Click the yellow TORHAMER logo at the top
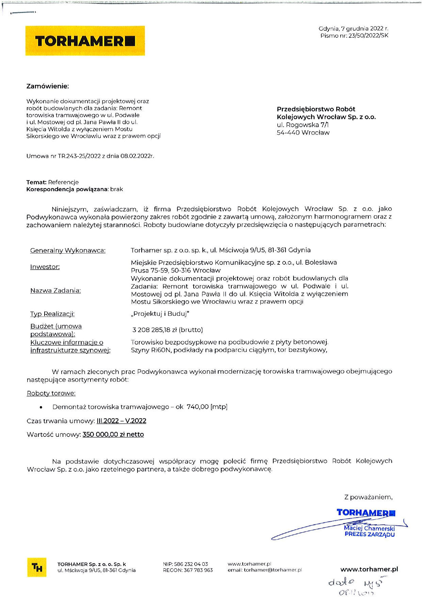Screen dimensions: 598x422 (x=85, y=41)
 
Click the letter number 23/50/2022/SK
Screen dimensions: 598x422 (x=368, y=35)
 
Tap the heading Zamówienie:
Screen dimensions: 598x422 (x=48, y=86)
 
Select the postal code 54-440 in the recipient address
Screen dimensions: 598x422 (x=288, y=133)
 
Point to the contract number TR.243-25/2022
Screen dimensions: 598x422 (x=79, y=156)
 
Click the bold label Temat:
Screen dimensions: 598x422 (x=36, y=182)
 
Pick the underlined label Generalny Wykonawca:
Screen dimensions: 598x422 (x=68, y=251)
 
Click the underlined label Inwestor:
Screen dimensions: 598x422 (x=45, y=267)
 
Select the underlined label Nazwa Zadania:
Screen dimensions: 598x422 (x=55, y=291)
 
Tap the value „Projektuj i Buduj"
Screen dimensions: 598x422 (x=160, y=314)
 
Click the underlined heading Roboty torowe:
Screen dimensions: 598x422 (x=51, y=393)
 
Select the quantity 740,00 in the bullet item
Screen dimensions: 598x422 (x=198, y=407)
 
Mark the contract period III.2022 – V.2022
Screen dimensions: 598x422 (x=121, y=421)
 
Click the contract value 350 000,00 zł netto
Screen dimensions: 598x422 (x=113, y=434)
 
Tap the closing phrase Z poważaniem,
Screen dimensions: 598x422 (x=368, y=497)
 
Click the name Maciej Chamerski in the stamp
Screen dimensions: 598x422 (x=369, y=528)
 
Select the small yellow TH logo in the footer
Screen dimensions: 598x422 (x=37, y=567)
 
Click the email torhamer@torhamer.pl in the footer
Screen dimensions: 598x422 (x=273, y=570)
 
